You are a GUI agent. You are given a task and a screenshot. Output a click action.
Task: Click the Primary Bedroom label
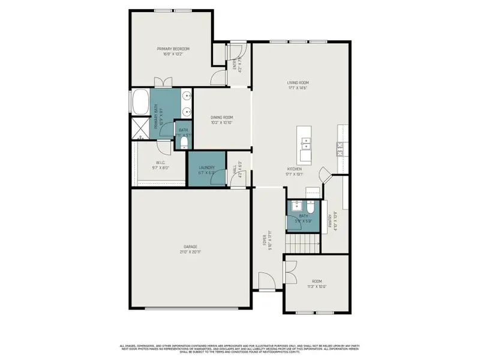(x=173, y=49)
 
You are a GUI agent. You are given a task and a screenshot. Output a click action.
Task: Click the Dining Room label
(x=221, y=118)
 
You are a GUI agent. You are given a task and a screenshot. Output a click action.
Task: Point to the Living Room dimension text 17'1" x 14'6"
(x=298, y=88)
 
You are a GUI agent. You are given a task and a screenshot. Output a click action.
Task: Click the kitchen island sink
(x=306, y=143)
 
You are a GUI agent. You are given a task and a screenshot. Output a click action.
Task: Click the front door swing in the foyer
(x=265, y=280)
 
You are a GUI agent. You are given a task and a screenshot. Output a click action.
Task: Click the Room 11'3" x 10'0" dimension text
(x=317, y=286)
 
